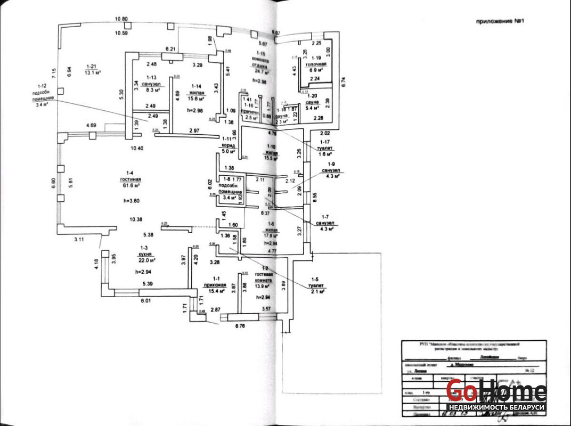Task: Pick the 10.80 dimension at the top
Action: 121,19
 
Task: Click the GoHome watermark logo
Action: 495,391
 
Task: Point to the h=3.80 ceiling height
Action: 130,201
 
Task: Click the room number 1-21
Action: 94,66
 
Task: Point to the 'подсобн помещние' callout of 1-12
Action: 43,95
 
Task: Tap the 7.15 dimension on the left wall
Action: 54,72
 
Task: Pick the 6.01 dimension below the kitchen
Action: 146,301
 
